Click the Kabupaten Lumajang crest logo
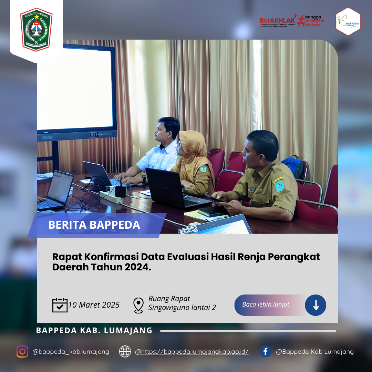36,29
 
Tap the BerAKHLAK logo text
277,20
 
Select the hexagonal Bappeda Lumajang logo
348,22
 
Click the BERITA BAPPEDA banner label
94,225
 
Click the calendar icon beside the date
60,305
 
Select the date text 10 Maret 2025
94,305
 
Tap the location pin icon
138,305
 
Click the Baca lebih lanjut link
266,304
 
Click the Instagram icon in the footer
22,351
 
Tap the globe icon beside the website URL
125,351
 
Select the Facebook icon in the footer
266,351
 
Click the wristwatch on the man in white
144,179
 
